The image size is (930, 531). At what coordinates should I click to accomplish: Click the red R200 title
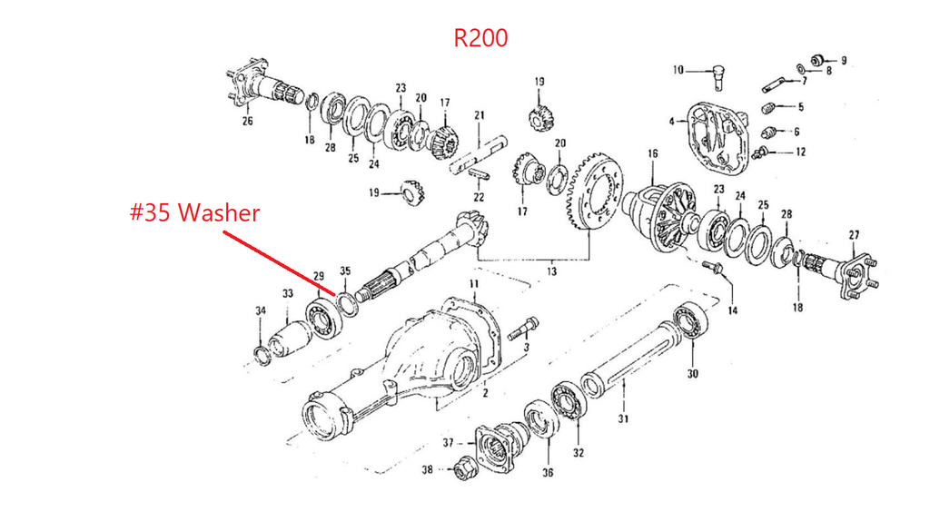point(480,38)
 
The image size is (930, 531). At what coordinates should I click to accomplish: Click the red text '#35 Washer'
point(193,213)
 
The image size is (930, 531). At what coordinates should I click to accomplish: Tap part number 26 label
point(247,123)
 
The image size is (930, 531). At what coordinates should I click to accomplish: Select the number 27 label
point(853,235)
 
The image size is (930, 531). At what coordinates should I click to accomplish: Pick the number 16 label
point(651,154)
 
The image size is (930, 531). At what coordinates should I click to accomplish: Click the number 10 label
point(678,70)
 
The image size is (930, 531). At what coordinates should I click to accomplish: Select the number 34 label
point(261,311)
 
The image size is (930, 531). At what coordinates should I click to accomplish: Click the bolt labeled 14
point(713,267)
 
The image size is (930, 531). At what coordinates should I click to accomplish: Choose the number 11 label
point(472,286)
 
